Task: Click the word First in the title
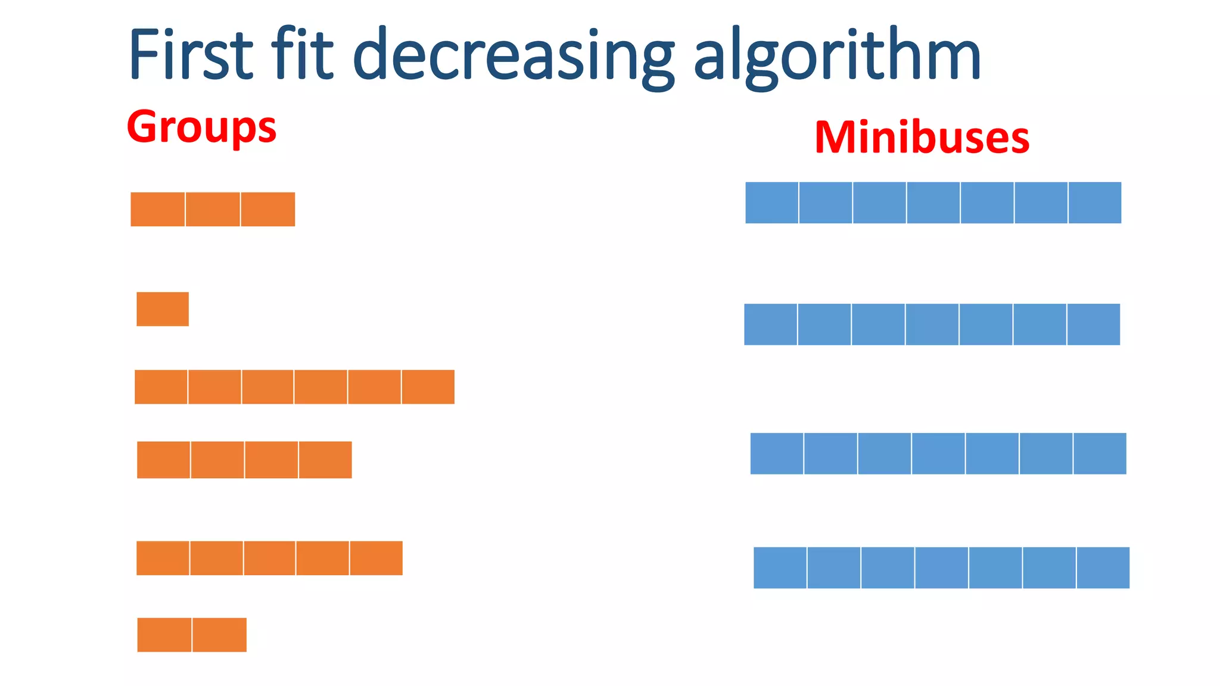coord(191,55)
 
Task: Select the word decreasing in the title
coord(513,57)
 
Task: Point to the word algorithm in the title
coord(837,57)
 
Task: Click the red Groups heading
coord(201,127)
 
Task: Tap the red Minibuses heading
coord(922,138)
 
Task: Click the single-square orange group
coord(163,309)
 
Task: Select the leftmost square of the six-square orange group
coord(161,387)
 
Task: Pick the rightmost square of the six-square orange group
coord(428,387)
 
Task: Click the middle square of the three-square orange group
coord(213,210)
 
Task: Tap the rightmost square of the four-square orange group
coord(325,460)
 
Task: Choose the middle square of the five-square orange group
coord(269,558)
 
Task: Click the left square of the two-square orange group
coord(164,635)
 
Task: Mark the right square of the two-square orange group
coord(220,635)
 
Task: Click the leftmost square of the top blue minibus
coord(772,203)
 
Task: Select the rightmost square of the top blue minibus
coord(1095,203)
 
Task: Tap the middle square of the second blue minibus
coord(932,325)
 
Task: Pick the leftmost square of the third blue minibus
coord(777,454)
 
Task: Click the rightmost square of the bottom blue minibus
coord(1103,568)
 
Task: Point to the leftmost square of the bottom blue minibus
coord(780,568)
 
